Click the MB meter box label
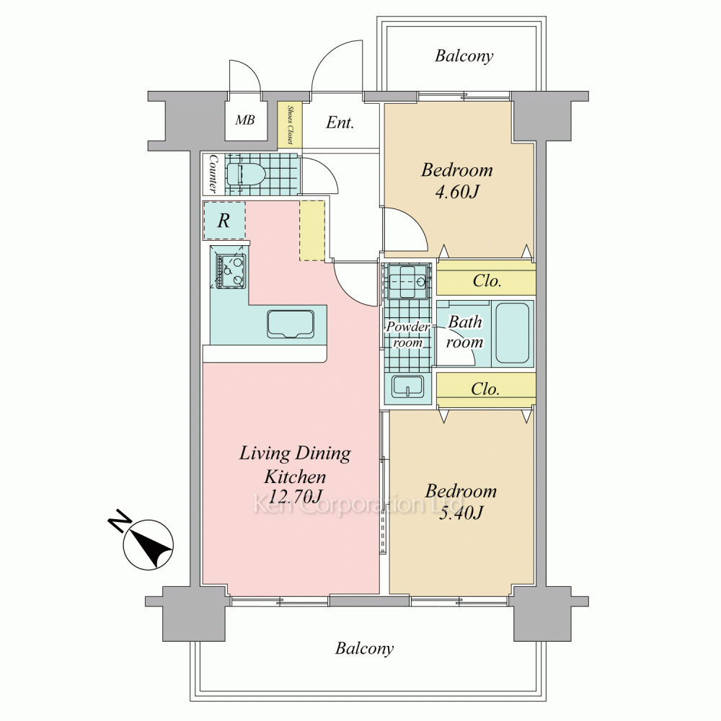pyautogui.click(x=244, y=120)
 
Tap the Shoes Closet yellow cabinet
pyautogui.click(x=290, y=125)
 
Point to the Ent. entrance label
pyautogui.click(x=340, y=123)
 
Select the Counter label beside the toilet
pyautogui.click(x=213, y=173)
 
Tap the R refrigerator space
pyautogui.click(x=224, y=220)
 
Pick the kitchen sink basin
pyautogui.click(x=291, y=324)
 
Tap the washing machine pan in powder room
pyautogui.click(x=407, y=281)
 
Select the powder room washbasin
pyautogui.click(x=408, y=386)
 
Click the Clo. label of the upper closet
pyautogui.click(x=487, y=280)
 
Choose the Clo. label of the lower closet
pyautogui.click(x=485, y=389)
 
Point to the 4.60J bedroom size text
pyautogui.click(x=456, y=191)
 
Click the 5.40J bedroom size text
pyautogui.click(x=460, y=512)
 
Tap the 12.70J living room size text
pyautogui.click(x=295, y=497)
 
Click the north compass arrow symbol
pyautogui.click(x=148, y=544)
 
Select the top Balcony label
pyautogui.click(x=464, y=56)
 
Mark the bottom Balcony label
pyautogui.click(x=364, y=648)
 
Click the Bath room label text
pyautogui.click(x=464, y=332)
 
